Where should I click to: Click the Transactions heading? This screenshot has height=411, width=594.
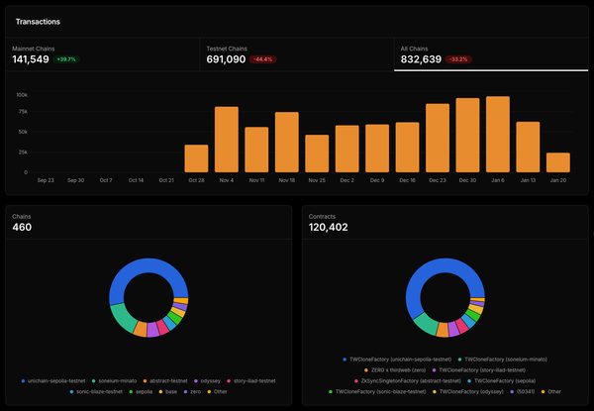(x=37, y=21)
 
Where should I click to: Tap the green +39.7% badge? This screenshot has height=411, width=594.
(x=67, y=60)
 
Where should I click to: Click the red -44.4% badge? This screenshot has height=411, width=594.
(x=262, y=60)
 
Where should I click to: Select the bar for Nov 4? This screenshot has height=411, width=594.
(x=227, y=139)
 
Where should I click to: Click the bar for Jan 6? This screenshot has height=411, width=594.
(x=498, y=134)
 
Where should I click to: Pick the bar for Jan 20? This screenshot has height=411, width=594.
(x=558, y=162)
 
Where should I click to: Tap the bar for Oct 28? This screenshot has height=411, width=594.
(x=196, y=158)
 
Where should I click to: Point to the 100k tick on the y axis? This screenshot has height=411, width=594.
(x=21, y=94)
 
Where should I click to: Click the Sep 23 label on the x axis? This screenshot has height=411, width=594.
(x=46, y=181)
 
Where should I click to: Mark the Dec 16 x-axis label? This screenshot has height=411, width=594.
(x=407, y=181)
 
